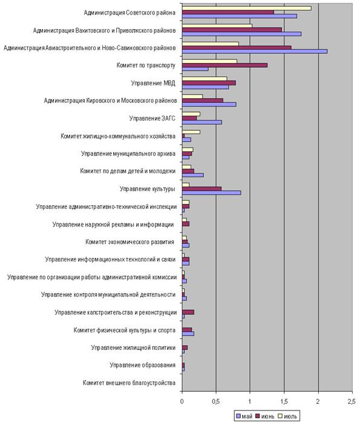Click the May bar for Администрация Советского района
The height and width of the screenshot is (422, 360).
240,16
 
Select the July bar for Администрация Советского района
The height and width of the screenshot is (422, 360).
247,8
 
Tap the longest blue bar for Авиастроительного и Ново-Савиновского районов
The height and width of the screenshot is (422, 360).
255,51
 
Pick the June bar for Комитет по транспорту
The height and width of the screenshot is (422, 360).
224,65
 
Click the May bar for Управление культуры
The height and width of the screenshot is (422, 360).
212,193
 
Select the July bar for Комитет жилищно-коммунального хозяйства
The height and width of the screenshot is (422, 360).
191,132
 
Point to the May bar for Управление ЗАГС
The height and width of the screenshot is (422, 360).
202,122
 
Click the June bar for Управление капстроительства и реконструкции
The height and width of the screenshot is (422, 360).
188,312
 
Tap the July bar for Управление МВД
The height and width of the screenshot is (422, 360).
205,79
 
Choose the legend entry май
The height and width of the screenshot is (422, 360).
244,417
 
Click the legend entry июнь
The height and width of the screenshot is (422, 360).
265,417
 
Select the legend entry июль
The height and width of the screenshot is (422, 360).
287,417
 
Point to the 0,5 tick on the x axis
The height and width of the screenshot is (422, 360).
215,401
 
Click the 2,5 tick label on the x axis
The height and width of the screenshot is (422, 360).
352,401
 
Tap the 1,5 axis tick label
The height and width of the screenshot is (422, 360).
284,401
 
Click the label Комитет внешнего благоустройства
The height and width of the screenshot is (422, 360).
129,383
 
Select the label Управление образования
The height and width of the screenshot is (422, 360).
143,365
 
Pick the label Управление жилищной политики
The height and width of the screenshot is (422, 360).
133,348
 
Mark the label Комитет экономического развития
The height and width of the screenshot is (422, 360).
129,242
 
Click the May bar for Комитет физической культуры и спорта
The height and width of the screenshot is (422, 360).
188,334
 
